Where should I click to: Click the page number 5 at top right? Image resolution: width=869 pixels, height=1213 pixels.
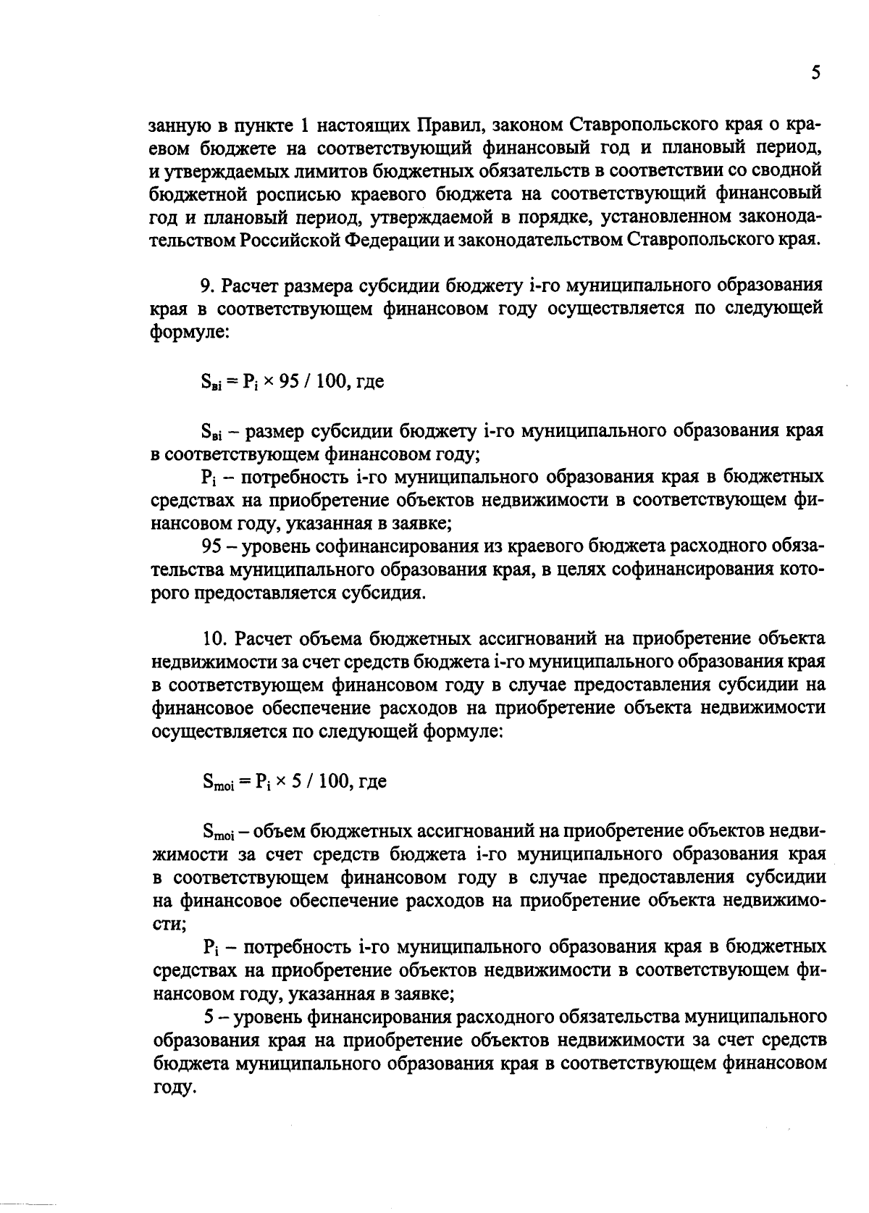coord(815,74)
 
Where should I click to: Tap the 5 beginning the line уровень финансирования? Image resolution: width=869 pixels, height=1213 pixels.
coord(209,1016)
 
